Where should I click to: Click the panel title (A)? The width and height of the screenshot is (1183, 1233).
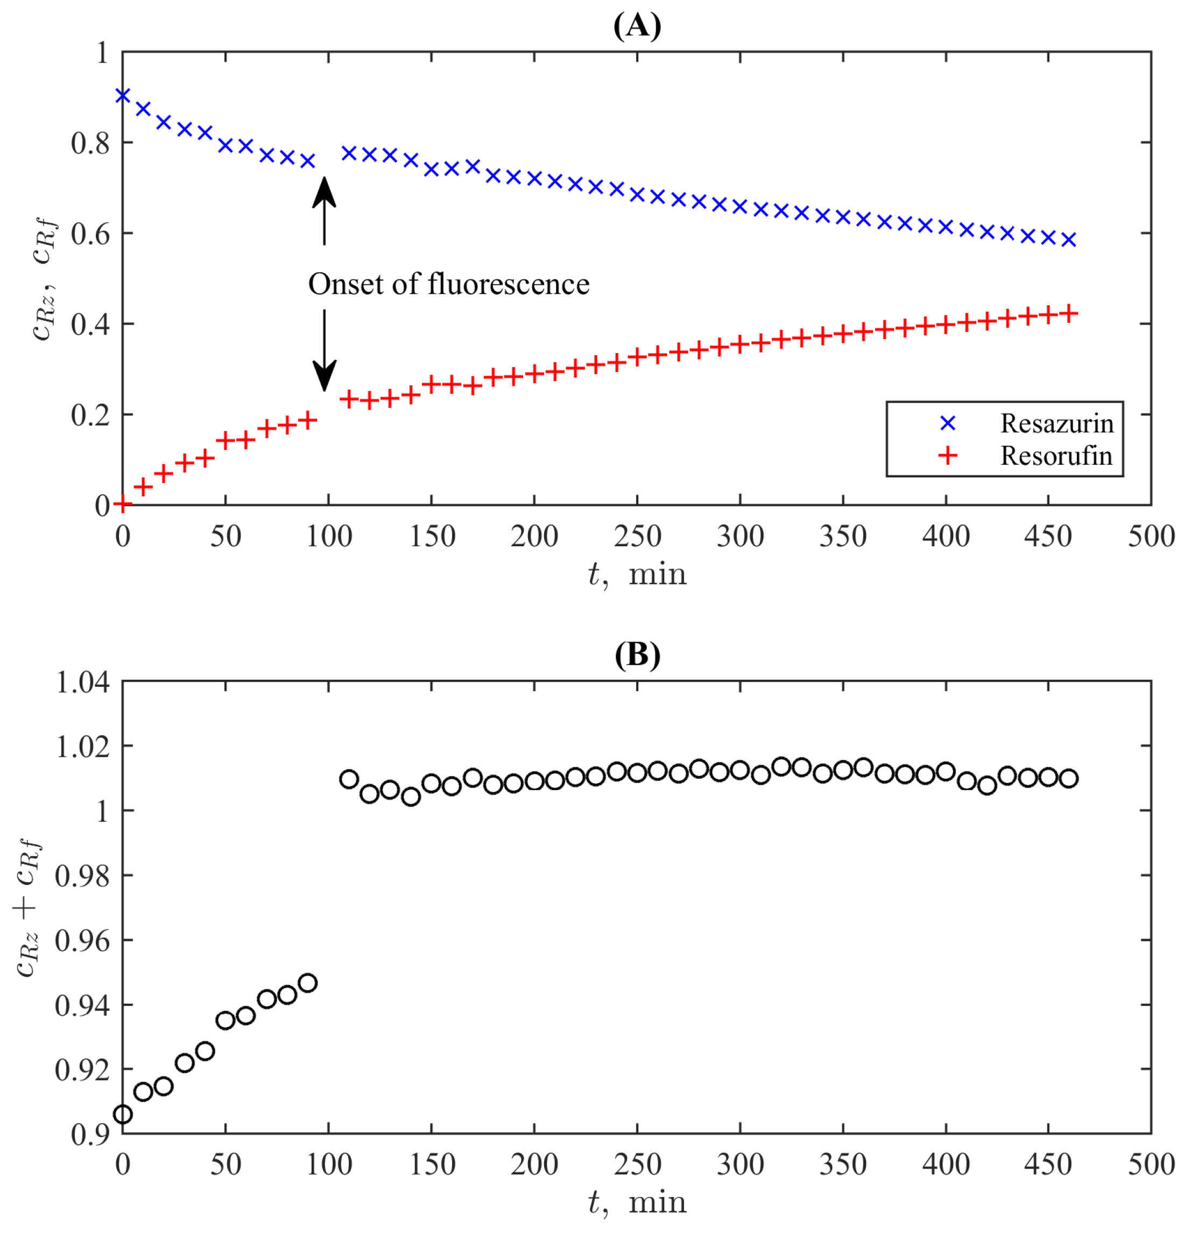pyautogui.click(x=637, y=26)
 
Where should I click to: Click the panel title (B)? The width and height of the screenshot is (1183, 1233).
pyautogui.click(x=637, y=655)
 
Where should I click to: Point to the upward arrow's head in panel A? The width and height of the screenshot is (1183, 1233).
pyautogui.click(x=325, y=190)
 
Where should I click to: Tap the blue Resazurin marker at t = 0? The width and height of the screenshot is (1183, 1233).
pyautogui.click(x=123, y=96)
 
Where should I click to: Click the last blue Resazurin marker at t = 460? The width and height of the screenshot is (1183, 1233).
pyautogui.click(x=1068, y=239)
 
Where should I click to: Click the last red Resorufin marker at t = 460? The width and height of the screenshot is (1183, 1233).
pyautogui.click(x=1068, y=313)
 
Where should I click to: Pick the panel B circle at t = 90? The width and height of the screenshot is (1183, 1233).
pyautogui.click(x=307, y=983)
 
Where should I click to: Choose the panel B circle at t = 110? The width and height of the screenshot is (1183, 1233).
pyautogui.click(x=349, y=779)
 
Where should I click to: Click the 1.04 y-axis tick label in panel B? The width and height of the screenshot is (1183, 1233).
pyautogui.click(x=82, y=682)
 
